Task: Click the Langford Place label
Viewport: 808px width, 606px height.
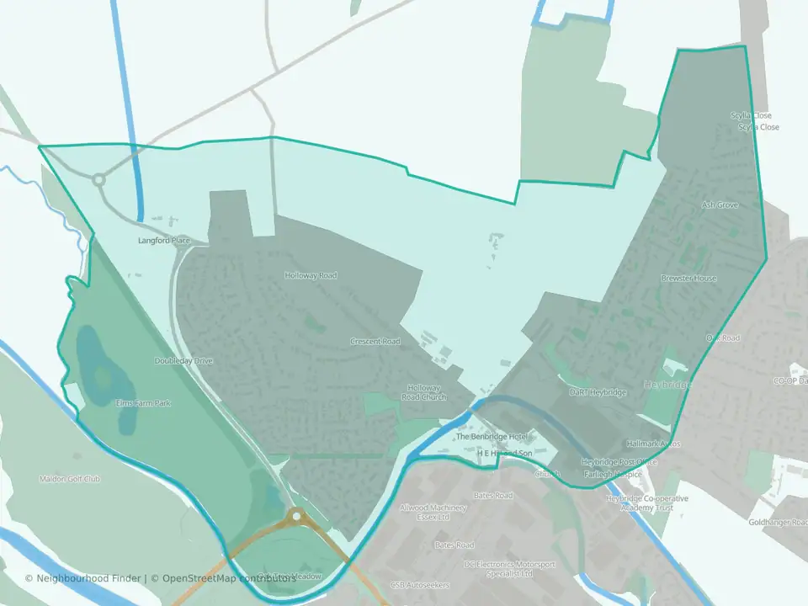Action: (164, 241)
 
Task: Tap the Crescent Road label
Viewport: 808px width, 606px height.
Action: (375, 342)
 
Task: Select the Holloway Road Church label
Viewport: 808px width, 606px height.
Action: (423, 392)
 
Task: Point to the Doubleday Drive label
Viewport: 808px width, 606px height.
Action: (183, 361)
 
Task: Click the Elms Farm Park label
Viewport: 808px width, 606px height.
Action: (143, 403)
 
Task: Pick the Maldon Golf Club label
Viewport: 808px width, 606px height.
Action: (70, 479)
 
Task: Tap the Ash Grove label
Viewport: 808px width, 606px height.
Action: (720, 205)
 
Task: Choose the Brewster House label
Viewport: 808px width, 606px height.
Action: (688, 279)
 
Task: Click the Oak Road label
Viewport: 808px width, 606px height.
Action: (722, 338)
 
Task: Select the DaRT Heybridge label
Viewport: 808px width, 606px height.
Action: (598, 393)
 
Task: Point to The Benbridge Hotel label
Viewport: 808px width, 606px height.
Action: (491, 438)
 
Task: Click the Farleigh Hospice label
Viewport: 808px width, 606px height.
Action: (612, 475)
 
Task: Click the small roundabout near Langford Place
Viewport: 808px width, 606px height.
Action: (98, 179)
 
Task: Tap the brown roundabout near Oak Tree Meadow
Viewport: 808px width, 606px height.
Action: (295, 516)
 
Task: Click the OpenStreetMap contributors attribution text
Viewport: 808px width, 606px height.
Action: (229, 578)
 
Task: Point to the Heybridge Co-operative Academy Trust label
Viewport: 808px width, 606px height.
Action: (647, 503)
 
